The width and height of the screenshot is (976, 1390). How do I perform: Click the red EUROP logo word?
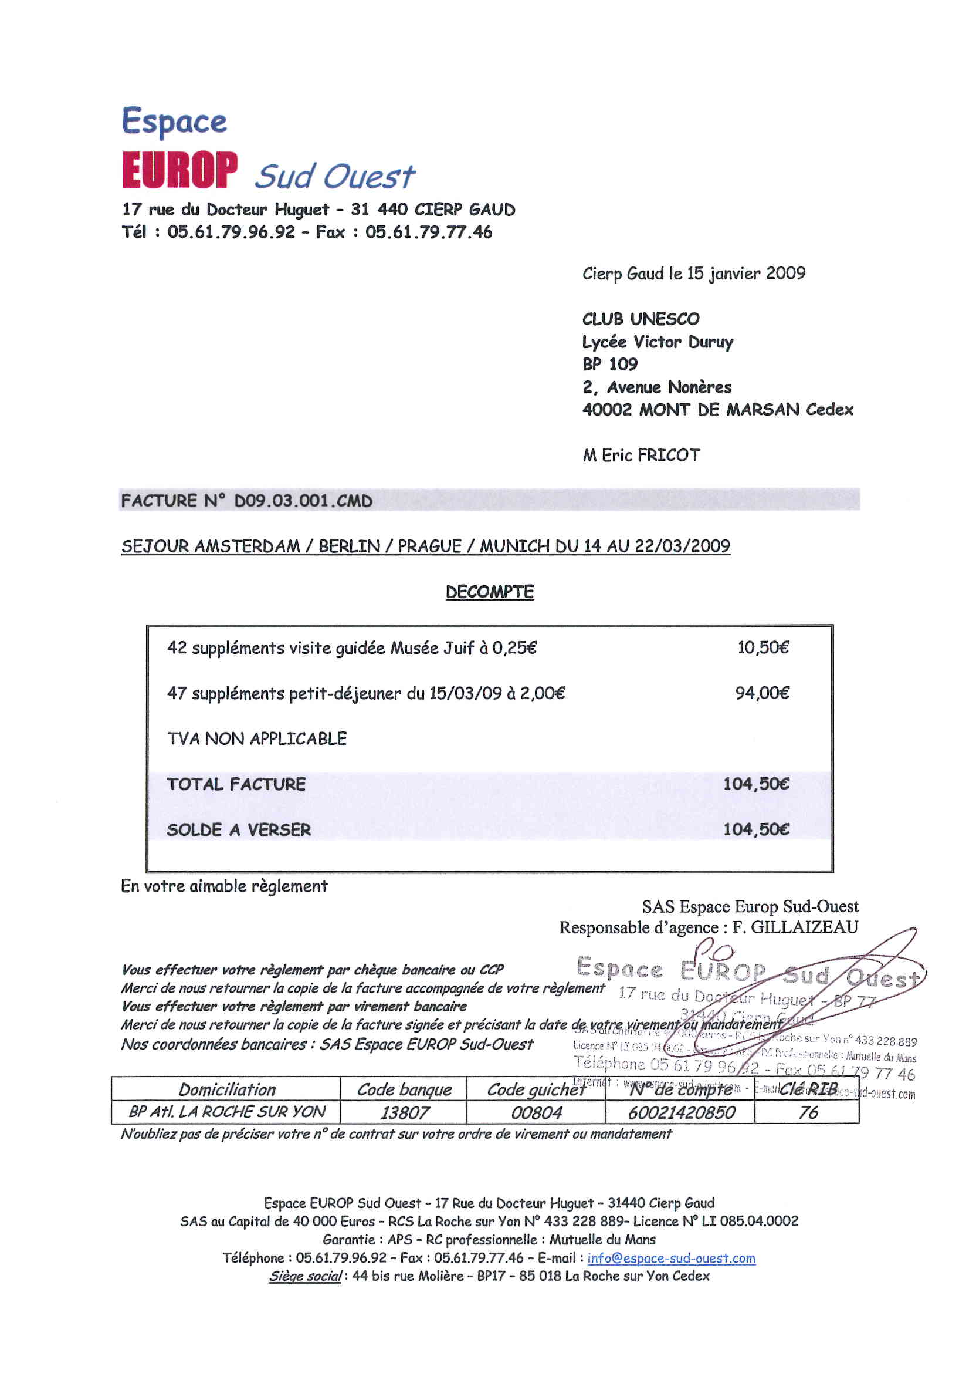tap(179, 170)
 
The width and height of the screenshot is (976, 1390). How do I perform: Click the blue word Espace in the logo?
tap(174, 121)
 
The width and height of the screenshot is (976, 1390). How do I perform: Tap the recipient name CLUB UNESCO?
tap(640, 319)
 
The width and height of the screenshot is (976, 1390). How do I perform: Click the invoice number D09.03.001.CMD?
tap(303, 501)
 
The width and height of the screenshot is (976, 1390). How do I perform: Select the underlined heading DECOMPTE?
tap(490, 592)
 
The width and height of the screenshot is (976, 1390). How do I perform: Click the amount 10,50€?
tap(762, 648)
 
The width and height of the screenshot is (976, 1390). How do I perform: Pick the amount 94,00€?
tap(762, 693)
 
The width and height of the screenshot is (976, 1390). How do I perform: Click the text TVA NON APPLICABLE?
tap(257, 738)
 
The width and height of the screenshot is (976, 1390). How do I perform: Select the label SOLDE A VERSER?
tap(239, 829)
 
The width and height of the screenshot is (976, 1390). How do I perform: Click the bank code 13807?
tap(405, 1113)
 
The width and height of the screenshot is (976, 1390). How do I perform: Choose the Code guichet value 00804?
tap(536, 1113)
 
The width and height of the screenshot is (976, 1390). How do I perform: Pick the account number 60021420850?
tap(681, 1113)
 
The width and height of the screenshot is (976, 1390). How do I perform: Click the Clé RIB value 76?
tap(808, 1113)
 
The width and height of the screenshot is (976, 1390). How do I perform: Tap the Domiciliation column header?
tap(227, 1089)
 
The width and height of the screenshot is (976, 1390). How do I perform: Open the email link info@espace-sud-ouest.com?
tap(671, 1258)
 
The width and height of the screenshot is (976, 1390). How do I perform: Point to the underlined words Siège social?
tap(305, 1276)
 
